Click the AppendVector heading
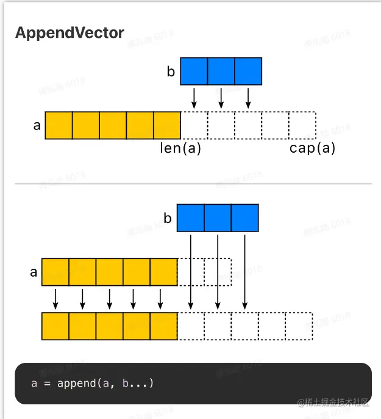[69, 33]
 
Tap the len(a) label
[180, 148]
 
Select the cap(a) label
[312, 148]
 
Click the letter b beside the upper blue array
[171, 72]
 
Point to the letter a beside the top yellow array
[37, 126]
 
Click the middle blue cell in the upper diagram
[221, 71]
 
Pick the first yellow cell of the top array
[59, 125]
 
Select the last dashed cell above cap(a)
[302, 125]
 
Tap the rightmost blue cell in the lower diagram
[244, 218]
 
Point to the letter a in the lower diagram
[34, 272]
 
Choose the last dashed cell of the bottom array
[299, 326]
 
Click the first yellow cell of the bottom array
[55, 326]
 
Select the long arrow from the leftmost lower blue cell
[191, 269]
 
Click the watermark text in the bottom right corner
[333, 402]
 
